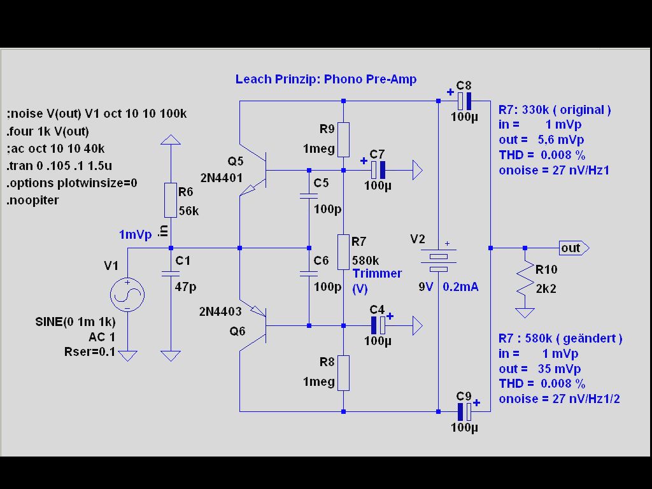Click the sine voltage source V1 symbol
coord(127,295)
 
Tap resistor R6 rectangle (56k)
coord(170,200)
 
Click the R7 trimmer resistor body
coord(343,252)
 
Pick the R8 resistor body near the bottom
coord(343,373)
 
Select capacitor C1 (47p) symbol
coord(170,273)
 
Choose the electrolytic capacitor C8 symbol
coord(464,101)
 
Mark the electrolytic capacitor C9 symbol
coord(464,411)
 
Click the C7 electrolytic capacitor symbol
coord(378,169)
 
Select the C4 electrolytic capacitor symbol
coord(378,325)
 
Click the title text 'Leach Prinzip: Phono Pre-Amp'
coord(326,79)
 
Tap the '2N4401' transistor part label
coord(220,178)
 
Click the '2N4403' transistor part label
coord(220,311)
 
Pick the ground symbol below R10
coord(525,313)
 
